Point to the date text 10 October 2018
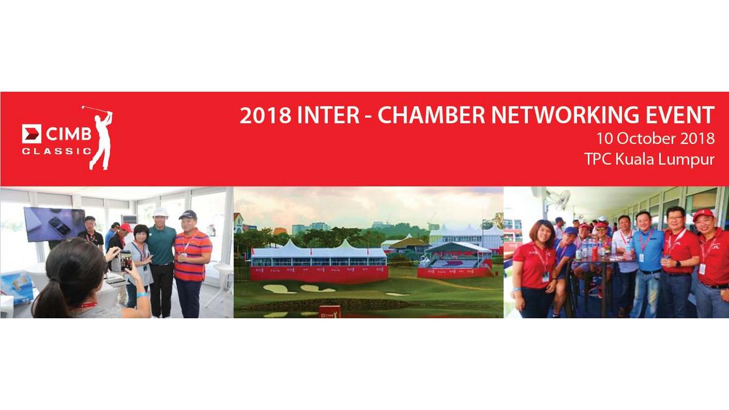(x=655, y=138)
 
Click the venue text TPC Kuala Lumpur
(x=649, y=159)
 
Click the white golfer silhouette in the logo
(x=100, y=138)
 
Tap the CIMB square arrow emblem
(x=32, y=134)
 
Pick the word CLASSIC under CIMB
(x=57, y=151)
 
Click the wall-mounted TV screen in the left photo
(x=55, y=224)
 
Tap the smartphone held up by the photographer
(x=126, y=261)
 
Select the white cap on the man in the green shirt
(x=160, y=212)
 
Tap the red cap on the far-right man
(x=703, y=215)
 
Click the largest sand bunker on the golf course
(x=279, y=289)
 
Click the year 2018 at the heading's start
(x=265, y=115)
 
